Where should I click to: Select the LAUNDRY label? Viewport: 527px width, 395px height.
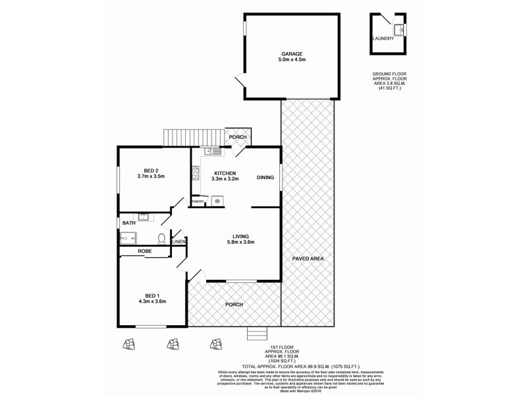pyautogui.click(x=383, y=39)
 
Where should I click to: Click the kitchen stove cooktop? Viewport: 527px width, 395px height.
pyautogui.click(x=196, y=174)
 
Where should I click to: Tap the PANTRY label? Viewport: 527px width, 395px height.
pyautogui.click(x=198, y=202)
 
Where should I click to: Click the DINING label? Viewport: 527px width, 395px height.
pyautogui.click(x=265, y=177)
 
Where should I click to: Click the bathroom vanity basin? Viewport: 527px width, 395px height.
pyautogui.click(x=144, y=216)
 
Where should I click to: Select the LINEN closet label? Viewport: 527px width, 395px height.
pyautogui.click(x=179, y=242)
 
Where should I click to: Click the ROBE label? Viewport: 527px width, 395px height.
pyautogui.click(x=145, y=251)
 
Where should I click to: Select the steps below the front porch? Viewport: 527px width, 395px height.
pyautogui.click(x=258, y=334)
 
